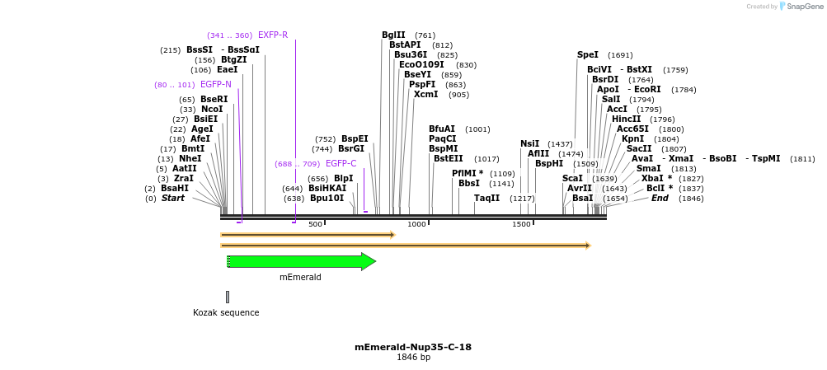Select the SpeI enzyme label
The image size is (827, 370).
588,55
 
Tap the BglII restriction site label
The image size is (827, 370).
393,35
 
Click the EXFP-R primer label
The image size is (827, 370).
273,35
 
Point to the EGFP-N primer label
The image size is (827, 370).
216,85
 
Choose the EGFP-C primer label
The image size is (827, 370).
341,164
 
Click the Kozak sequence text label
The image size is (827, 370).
226,313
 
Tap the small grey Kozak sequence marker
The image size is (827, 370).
228,297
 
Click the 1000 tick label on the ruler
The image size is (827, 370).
416,224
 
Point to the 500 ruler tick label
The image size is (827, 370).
315,224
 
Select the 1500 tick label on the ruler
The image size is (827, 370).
521,224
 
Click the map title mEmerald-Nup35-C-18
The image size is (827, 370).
413,347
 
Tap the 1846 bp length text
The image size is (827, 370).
413,358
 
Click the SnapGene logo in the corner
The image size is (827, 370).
799,7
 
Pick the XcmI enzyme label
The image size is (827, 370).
426,95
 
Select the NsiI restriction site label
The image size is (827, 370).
530,143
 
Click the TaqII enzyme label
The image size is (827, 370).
487,198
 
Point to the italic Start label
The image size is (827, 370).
173,199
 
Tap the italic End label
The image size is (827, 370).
660,199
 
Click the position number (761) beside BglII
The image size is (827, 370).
425,35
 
